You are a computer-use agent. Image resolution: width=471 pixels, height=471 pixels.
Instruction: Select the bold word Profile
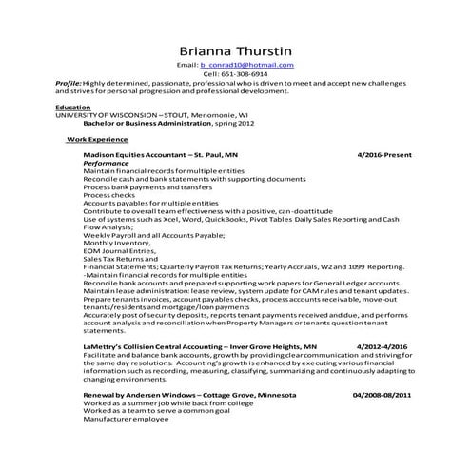tap(69, 83)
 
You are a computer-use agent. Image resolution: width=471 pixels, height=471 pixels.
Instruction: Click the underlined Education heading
tap(73, 108)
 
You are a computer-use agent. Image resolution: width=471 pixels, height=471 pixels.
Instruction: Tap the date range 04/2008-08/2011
tap(382, 393)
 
